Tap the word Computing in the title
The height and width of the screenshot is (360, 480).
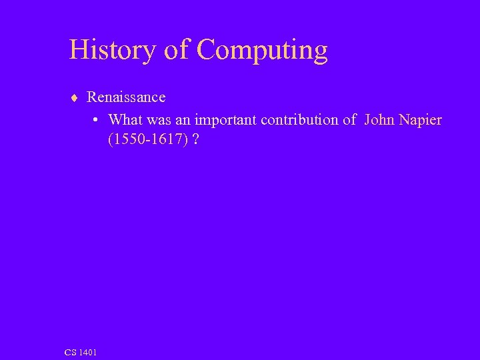coord(263,51)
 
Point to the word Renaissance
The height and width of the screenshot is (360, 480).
coord(126,97)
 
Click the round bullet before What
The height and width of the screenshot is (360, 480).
coord(96,121)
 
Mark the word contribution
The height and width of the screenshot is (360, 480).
coord(300,120)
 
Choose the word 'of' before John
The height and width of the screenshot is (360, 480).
coord(350,120)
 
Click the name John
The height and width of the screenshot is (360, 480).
coord(380,120)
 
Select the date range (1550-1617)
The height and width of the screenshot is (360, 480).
coord(145,141)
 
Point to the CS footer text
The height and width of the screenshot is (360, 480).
coord(70,352)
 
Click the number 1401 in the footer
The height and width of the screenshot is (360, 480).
coord(87,352)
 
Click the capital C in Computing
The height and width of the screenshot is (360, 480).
coord(207,51)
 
